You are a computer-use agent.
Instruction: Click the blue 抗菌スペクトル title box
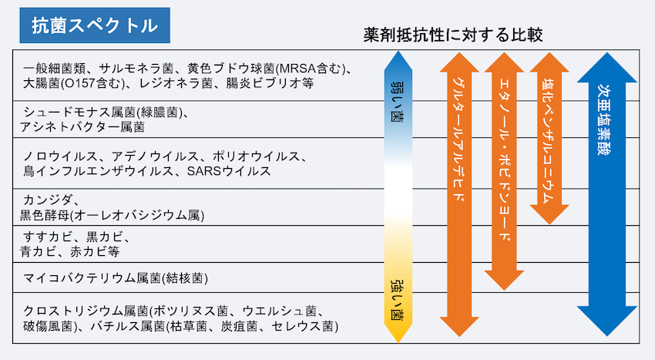(95, 25)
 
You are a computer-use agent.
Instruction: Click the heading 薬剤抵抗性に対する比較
(453, 35)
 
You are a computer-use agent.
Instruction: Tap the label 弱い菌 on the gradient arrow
(398, 101)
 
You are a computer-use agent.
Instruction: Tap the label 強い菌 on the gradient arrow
(398, 300)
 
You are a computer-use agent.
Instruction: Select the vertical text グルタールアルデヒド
(458, 140)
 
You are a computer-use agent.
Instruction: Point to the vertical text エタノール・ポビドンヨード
(505, 160)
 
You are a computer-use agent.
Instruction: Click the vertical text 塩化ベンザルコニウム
(549, 141)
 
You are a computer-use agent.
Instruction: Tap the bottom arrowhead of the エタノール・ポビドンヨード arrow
(504, 281)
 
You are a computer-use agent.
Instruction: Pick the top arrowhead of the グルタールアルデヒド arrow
(459, 62)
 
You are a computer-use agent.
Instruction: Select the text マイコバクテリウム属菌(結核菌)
(116, 278)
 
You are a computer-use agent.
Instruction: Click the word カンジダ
(48, 200)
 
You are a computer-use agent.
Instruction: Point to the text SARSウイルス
(229, 171)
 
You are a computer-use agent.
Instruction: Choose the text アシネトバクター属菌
(82, 126)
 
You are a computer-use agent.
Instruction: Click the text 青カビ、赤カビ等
(70, 251)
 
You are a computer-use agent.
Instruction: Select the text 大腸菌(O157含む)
(74, 83)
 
